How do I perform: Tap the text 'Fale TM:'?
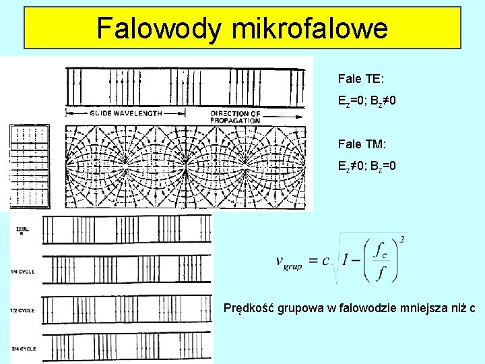tap(361, 144)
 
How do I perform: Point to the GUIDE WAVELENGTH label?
tap(126, 114)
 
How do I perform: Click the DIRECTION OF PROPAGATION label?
tap(235, 117)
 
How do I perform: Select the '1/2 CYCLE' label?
tap(23, 310)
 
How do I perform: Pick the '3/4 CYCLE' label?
tap(23, 348)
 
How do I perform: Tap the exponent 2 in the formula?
tap(401, 239)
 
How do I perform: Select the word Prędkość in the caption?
tap(249, 309)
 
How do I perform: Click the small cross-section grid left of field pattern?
tap(30, 166)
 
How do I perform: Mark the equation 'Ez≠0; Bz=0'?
tap(367, 165)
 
